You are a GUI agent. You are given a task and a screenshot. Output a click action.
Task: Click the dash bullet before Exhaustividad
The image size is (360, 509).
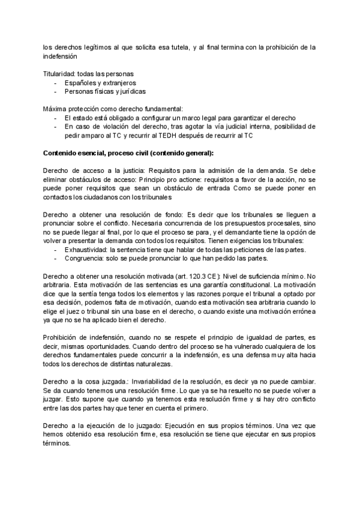[x=56, y=249]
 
